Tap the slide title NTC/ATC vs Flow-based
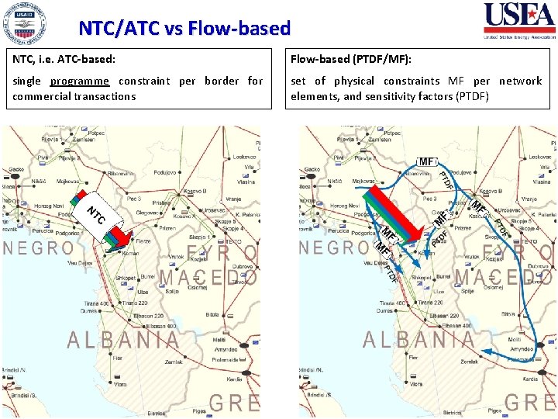[x=184, y=29]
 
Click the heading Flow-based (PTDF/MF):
[x=351, y=58]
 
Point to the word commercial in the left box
[x=43, y=96]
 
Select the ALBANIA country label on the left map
[x=124, y=340]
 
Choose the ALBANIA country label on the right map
[x=419, y=340]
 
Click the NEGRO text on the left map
[x=39, y=248]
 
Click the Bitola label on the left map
[x=212, y=315]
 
